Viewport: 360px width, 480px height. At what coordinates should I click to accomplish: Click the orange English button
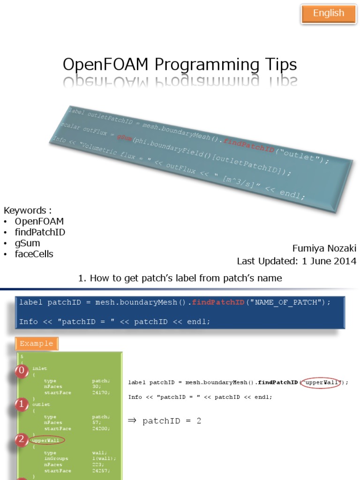pos(328,14)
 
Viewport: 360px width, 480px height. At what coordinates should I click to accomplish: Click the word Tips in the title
pos(277,65)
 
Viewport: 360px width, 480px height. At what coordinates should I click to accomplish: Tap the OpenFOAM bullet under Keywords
pos(39,221)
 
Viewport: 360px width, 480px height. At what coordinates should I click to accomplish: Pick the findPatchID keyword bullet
pos(40,232)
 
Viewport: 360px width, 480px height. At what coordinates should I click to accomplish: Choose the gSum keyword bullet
pos(27,243)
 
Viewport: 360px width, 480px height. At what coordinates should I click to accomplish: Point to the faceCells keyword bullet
pos(34,254)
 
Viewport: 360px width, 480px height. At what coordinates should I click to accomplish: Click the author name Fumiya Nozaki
pos(324,248)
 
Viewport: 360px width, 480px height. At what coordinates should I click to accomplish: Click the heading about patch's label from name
pos(180,278)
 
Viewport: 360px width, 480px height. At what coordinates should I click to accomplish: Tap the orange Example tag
pos(36,344)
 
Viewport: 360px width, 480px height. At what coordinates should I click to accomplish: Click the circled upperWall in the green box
pos(47,441)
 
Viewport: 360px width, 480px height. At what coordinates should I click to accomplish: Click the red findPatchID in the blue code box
pos(218,302)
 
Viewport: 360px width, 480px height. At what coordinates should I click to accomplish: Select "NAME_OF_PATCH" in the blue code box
pos(286,302)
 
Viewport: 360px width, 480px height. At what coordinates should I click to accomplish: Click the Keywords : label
pos(25,210)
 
